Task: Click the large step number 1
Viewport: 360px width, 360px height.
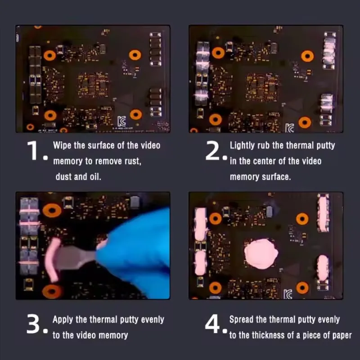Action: point(33,151)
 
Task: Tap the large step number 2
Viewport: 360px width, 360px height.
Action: point(212,151)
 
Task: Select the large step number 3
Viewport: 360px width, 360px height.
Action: point(34,324)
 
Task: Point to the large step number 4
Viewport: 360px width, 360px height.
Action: point(212,324)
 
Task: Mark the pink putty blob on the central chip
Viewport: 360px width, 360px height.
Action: point(261,254)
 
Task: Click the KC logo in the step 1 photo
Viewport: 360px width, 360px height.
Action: point(122,121)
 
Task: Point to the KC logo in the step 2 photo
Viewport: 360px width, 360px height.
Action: point(289,128)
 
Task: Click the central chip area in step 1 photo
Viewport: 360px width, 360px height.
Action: point(93,85)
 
